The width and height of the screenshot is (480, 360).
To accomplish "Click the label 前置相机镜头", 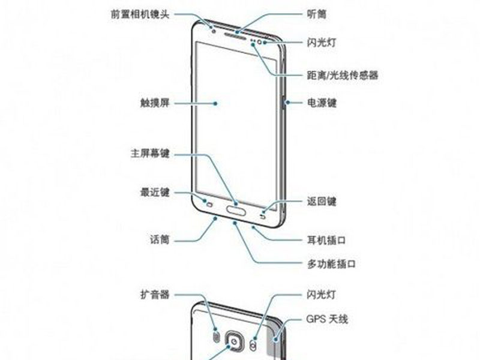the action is (x=140, y=14).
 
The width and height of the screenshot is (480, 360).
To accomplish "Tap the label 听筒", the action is (x=317, y=14).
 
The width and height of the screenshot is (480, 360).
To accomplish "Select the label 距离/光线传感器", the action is (x=343, y=75).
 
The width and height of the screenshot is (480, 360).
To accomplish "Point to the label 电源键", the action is (x=322, y=103).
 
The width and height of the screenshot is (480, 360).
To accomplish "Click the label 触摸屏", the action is (x=155, y=103).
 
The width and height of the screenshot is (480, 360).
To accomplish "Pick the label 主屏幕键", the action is (x=150, y=153).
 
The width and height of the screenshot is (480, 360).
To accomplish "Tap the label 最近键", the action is (x=155, y=193).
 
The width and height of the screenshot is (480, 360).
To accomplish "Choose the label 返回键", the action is (x=322, y=202).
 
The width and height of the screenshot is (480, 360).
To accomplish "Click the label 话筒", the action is (x=160, y=239).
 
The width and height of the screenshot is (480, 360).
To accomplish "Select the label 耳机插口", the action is (x=326, y=240).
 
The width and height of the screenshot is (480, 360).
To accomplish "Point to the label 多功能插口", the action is (x=331, y=263).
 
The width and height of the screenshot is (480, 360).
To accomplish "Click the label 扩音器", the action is (x=155, y=295).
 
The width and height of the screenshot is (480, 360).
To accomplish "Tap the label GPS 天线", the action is (x=327, y=319).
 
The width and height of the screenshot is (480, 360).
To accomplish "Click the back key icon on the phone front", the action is (x=263, y=217).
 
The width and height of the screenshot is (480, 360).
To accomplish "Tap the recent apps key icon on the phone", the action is (x=209, y=205).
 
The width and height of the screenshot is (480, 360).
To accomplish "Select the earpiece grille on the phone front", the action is (x=236, y=36).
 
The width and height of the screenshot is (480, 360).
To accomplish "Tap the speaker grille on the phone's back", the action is (x=217, y=338).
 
